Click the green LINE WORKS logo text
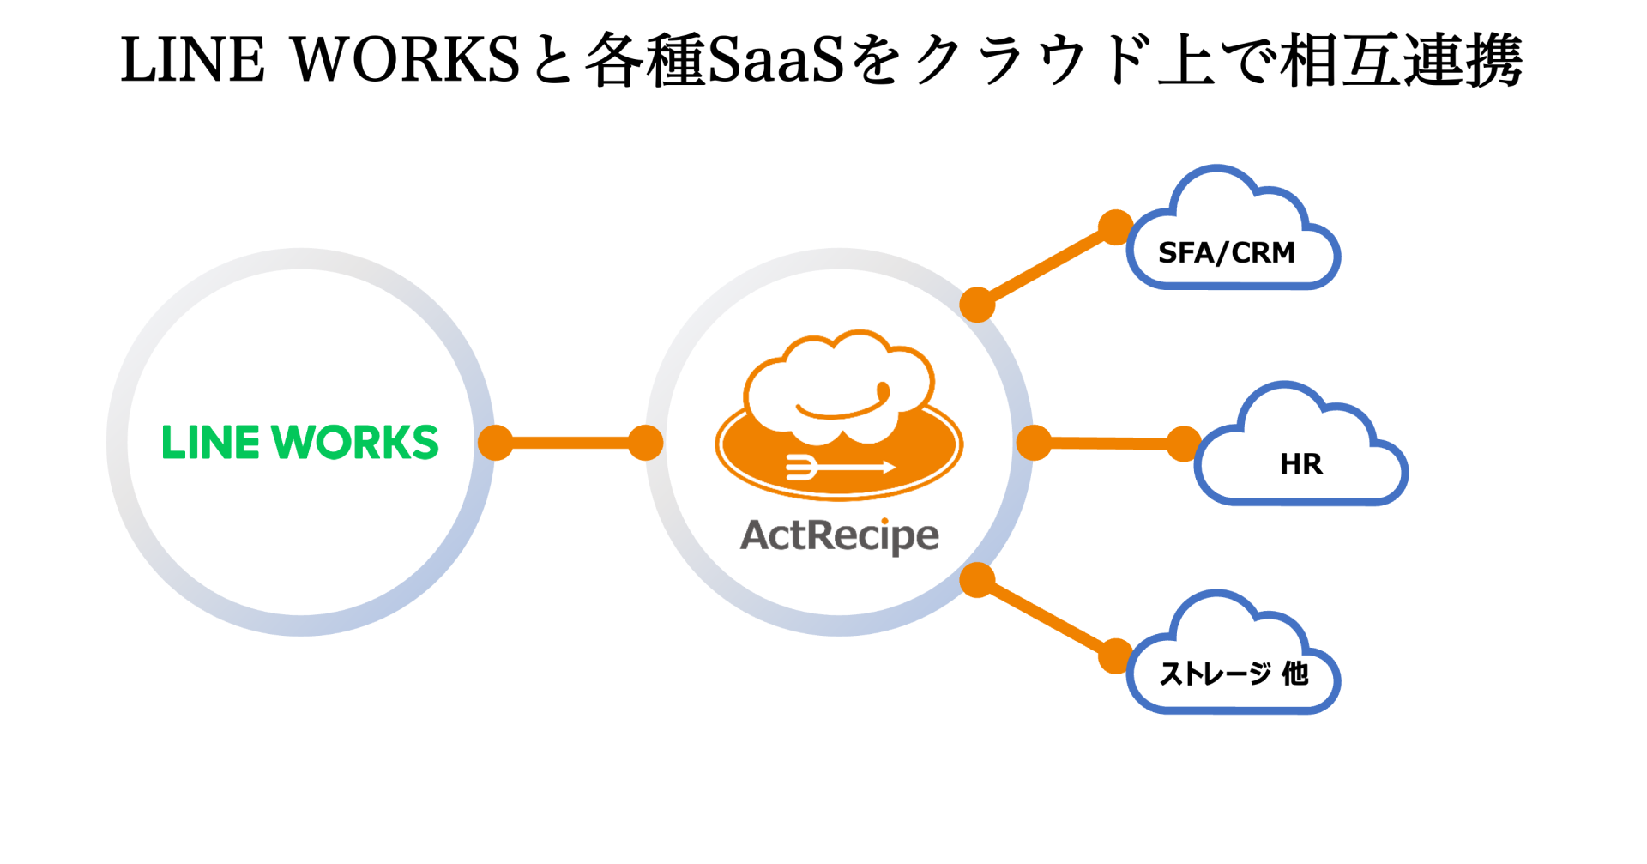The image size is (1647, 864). pos(300,443)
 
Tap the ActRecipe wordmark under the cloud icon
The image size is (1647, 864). pos(839,535)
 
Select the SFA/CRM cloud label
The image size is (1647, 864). pos(1226,253)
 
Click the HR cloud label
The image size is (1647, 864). pos(1300,464)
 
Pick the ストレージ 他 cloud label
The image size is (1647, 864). pos(1234,674)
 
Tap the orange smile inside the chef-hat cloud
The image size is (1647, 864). pos(845,405)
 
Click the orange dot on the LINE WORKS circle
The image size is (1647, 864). pos(495,443)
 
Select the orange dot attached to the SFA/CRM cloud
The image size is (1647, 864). pos(1115,227)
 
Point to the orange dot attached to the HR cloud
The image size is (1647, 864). pos(1184,444)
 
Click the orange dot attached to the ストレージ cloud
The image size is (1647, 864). pos(1115,656)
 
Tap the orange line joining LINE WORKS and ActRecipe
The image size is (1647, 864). pos(570,443)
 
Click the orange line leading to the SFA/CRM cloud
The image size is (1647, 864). pos(1047,266)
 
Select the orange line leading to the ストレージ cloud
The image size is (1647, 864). pos(1047,619)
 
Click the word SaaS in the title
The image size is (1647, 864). pos(776,60)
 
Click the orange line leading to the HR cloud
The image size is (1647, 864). pos(1108,444)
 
